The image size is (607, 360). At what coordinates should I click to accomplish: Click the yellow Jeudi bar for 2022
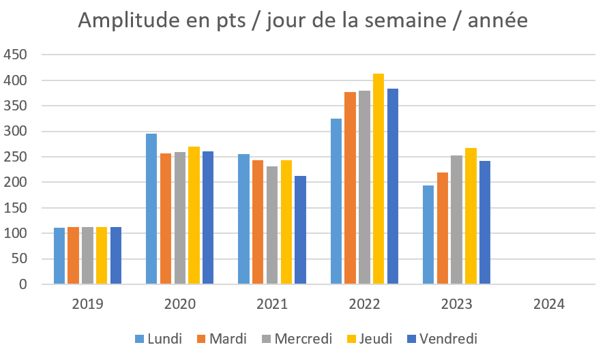[x=379, y=179]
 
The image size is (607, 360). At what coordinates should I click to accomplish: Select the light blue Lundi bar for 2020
[x=151, y=209]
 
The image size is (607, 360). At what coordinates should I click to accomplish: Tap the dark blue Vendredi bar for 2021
[x=300, y=230]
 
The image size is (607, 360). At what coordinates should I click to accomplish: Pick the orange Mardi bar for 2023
[x=443, y=228]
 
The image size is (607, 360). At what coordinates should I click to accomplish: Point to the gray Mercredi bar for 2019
[x=87, y=256]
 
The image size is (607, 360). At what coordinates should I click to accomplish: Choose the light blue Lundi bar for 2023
[x=428, y=235]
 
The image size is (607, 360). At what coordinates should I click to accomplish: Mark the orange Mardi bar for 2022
[x=350, y=188]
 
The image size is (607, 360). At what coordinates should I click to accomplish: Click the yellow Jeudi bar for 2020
[x=194, y=215]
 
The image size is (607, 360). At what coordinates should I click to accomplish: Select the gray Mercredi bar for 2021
[x=272, y=225]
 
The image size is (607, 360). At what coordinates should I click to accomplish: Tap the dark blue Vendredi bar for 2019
[x=116, y=256]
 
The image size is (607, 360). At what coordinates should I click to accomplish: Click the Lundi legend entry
[x=158, y=339]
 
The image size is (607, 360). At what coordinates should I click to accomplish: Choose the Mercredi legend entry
[x=297, y=339]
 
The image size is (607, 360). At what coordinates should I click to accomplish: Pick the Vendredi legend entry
[x=443, y=339]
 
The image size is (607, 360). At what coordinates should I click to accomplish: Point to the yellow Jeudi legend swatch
[x=351, y=339]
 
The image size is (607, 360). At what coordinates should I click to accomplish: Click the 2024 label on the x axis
[x=549, y=304]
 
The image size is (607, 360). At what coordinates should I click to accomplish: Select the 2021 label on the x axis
[x=272, y=304]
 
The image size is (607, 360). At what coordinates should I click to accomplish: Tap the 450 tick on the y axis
[x=15, y=55]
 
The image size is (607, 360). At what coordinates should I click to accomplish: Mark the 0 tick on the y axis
[x=23, y=284]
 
